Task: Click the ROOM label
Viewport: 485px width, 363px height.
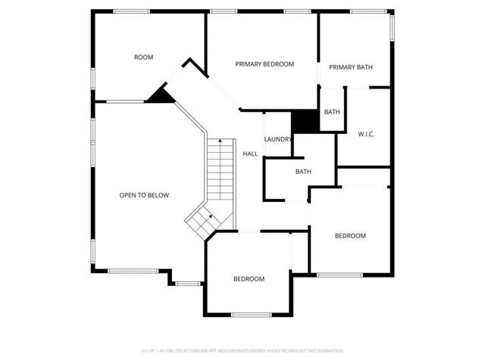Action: pos(144,57)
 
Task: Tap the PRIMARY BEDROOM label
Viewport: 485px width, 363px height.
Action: pos(264,64)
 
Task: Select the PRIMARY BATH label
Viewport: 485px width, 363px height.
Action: pos(351,67)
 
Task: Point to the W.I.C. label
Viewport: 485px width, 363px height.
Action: pos(366,135)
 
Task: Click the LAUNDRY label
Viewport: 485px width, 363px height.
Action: pos(278,139)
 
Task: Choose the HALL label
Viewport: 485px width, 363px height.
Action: pos(250,154)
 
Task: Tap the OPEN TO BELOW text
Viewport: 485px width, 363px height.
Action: pos(144,195)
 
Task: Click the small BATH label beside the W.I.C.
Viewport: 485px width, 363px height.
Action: pos(332,112)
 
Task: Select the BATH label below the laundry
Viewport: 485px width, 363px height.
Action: pos(303,172)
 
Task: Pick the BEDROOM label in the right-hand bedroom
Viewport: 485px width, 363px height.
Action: pos(350,236)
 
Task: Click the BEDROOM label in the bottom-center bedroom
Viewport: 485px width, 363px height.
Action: pos(249,279)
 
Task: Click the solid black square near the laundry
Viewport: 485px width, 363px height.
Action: pos(305,121)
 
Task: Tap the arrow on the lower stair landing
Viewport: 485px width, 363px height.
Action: pos(210,216)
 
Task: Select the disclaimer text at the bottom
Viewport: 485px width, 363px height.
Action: pos(242,351)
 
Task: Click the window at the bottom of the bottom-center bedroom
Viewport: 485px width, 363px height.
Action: pos(251,315)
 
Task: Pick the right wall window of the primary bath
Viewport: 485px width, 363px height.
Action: pos(393,27)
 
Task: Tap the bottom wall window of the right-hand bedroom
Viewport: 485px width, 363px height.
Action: pos(339,275)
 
